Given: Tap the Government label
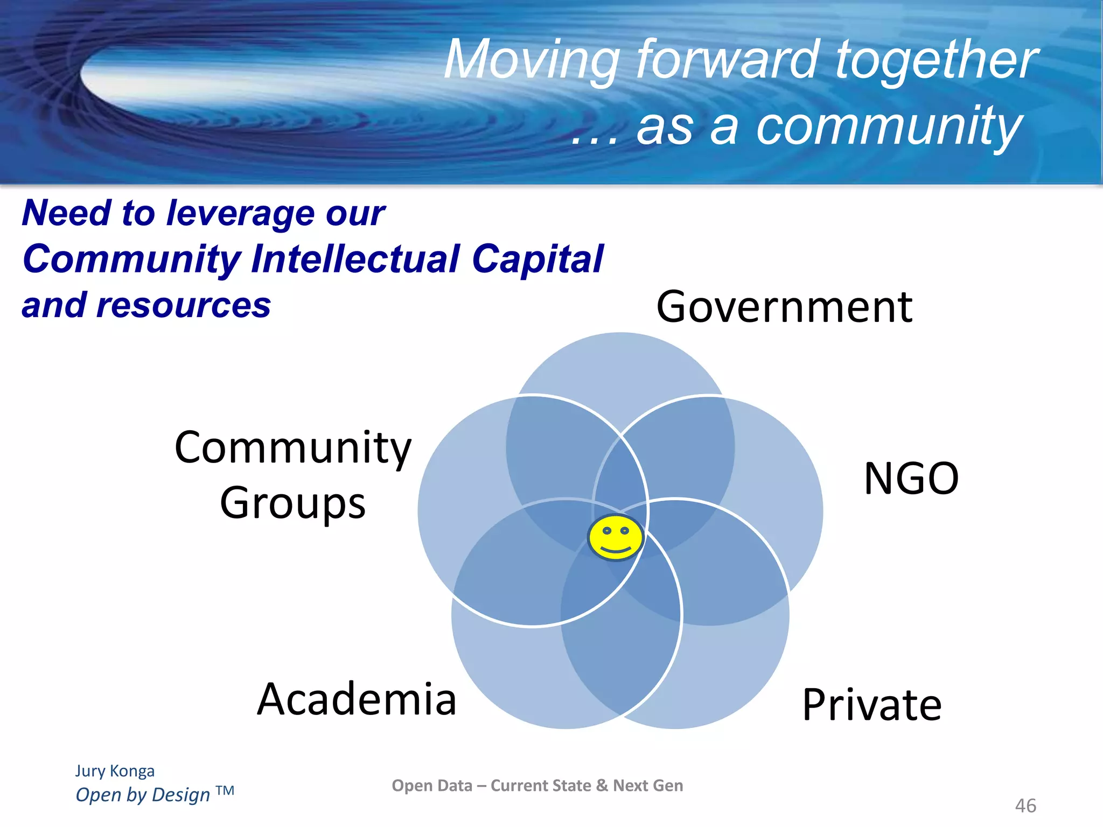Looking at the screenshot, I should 784,307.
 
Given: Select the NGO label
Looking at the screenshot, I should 911,478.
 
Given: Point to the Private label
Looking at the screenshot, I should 872,705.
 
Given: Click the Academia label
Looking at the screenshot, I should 357,699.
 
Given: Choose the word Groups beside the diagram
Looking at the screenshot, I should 293,503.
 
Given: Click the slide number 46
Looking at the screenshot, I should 1025,806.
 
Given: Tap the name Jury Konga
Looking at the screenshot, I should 115,771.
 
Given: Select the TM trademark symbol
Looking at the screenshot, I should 225,791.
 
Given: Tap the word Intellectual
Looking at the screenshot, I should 355,259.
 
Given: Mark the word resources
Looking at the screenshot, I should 184,305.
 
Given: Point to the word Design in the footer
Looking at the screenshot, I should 181,795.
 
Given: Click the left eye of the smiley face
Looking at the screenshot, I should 607,531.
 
